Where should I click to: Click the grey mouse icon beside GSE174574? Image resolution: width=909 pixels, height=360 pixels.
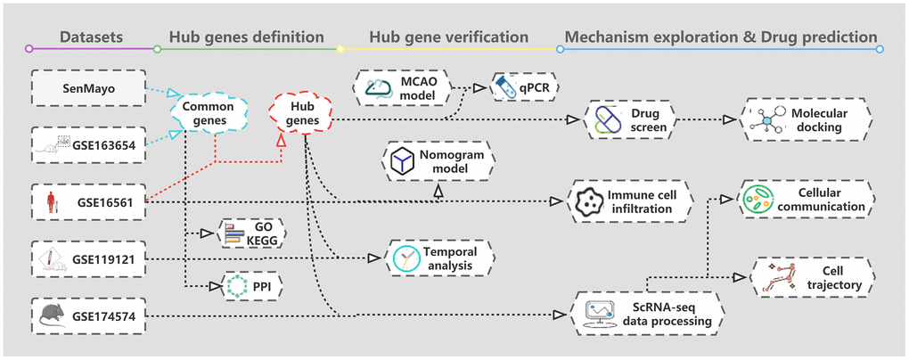pos(51,314)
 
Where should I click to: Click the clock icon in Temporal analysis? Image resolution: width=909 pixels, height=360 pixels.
pos(406,258)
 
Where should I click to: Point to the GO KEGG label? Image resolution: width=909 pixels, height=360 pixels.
pos(262,233)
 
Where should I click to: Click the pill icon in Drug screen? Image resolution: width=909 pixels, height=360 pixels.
pos(606,120)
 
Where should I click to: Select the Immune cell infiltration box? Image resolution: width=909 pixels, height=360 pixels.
pos(634,201)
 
